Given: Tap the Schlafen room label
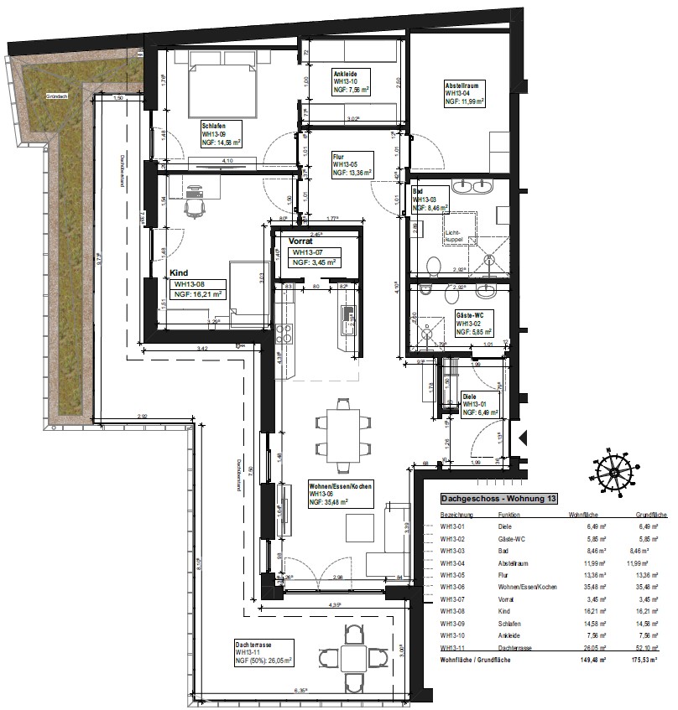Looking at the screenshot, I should coord(214,126).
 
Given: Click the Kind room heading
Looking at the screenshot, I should coord(179,273).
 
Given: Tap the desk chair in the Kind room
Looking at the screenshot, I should coord(195,201).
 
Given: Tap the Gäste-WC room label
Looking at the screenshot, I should coord(470,314).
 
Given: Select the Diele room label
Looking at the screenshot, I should coord(470,396).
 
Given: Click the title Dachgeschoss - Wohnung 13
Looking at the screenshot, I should coord(498,499).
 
